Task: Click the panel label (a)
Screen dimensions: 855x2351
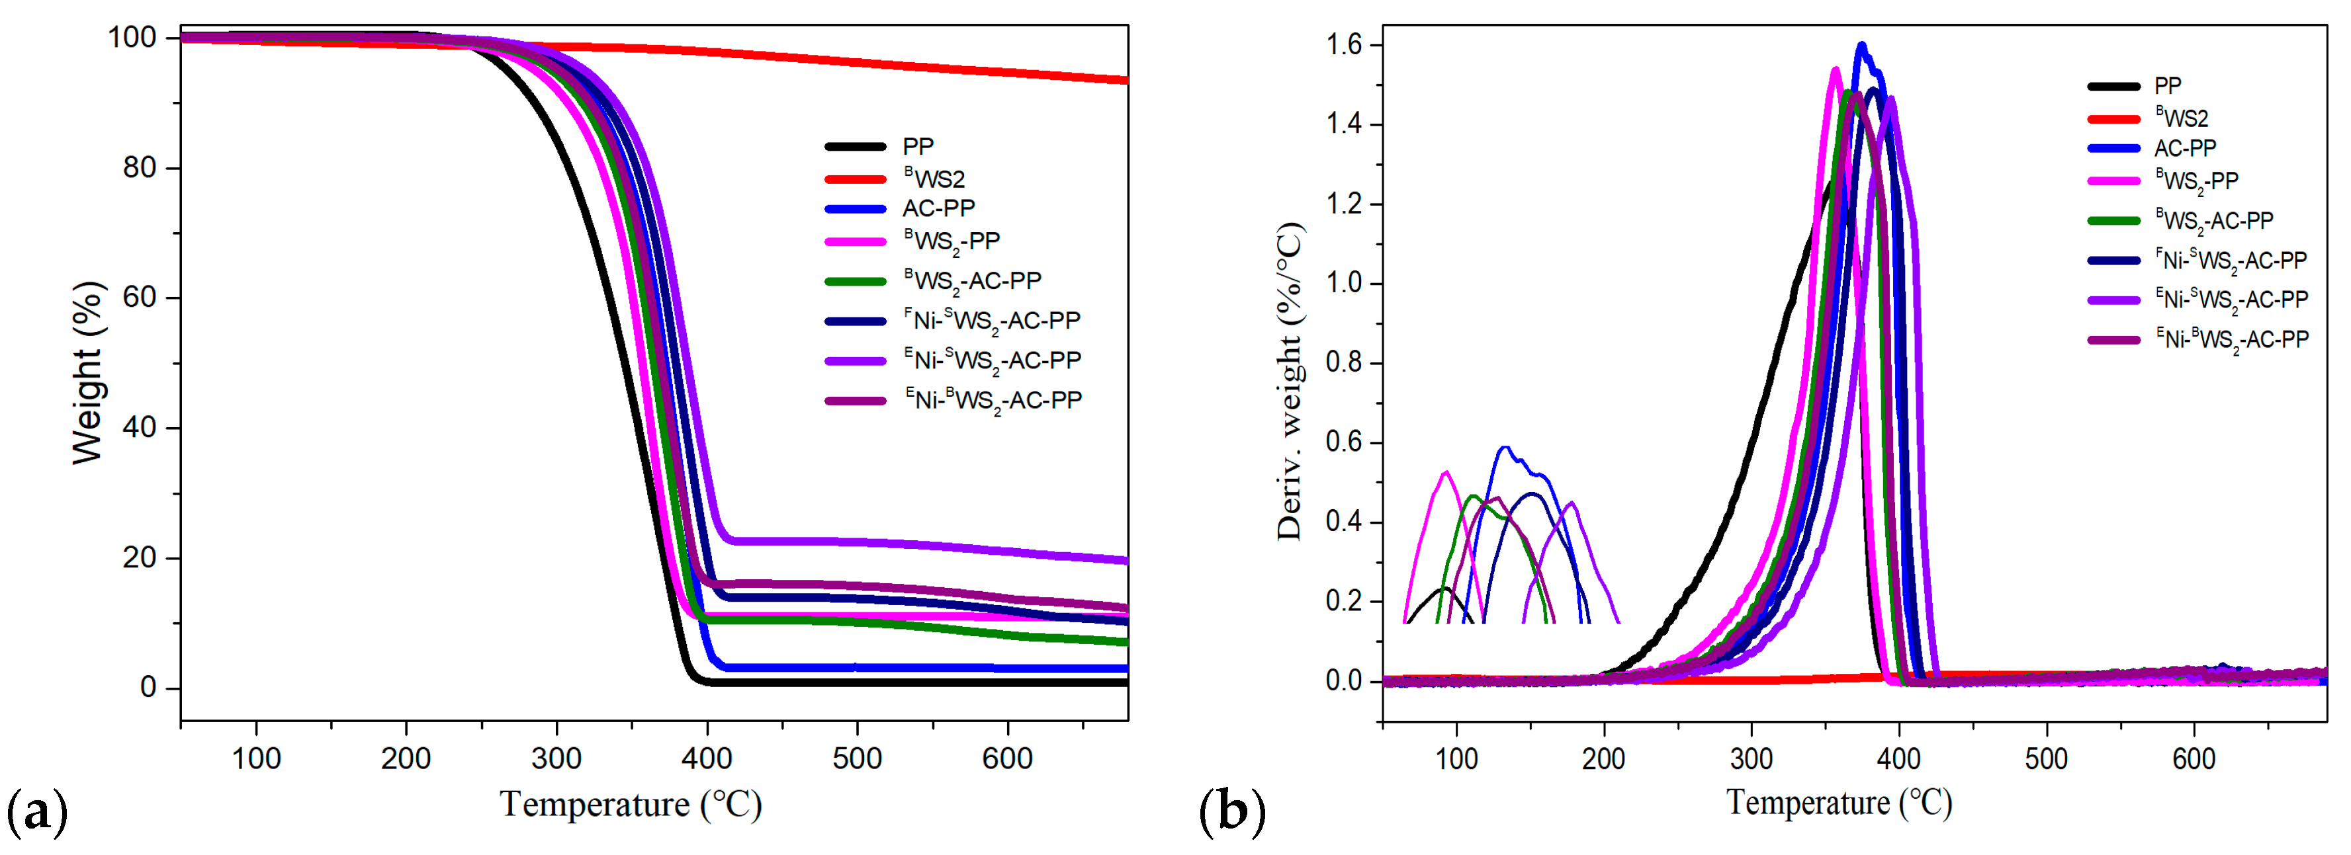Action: coord(36,810)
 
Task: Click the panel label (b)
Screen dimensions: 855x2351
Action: coord(1231,810)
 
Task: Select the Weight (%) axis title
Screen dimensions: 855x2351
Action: coord(89,372)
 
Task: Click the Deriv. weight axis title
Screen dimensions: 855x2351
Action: coord(1290,382)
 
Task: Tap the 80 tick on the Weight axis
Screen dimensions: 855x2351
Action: coord(139,168)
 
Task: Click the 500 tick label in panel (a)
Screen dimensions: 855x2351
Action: coord(856,758)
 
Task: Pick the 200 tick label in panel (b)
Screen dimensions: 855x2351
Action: coord(1603,758)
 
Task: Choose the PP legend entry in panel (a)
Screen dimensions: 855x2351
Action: coord(917,146)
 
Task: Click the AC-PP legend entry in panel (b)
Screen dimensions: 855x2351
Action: coord(2184,148)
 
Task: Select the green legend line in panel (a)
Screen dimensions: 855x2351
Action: coord(855,281)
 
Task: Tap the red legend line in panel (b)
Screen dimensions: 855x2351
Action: coord(2113,118)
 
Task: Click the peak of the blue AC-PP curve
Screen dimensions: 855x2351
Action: coord(1862,45)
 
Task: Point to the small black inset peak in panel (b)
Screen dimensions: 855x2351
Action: coord(1444,589)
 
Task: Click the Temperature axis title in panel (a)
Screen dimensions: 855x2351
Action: coord(631,805)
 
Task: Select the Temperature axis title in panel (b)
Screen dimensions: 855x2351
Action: coord(1838,803)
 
